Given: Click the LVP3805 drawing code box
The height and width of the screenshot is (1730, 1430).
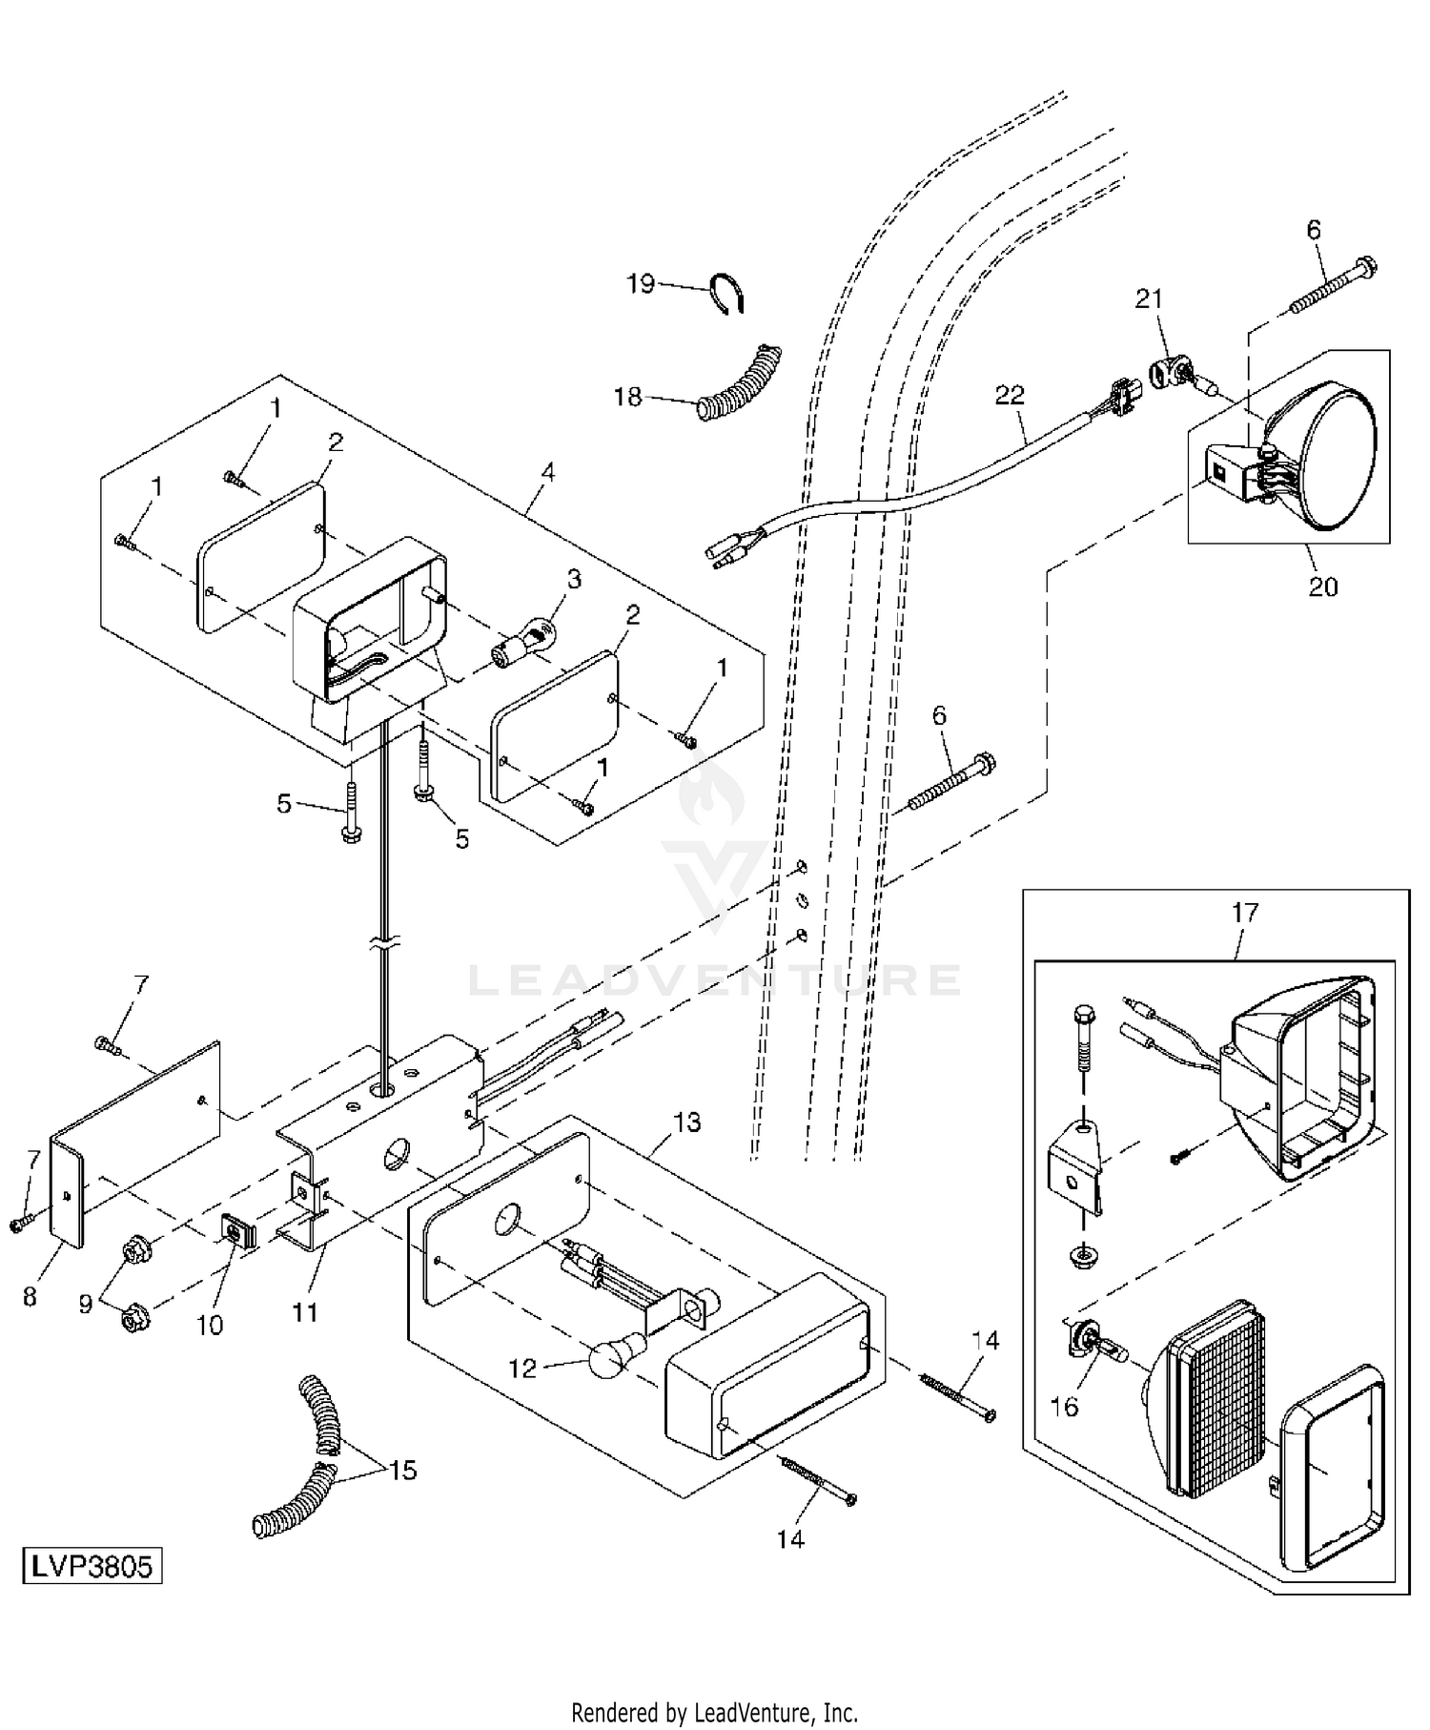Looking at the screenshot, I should click(x=92, y=1567).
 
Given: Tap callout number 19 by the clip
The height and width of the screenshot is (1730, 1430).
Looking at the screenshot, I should click(x=641, y=283).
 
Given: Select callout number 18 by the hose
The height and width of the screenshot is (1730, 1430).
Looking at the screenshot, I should click(x=627, y=397).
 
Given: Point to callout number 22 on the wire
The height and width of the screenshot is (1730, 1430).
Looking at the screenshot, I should click(x=1010, y=394).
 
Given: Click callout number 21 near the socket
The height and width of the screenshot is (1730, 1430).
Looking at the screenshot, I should click(x=1149, y=299).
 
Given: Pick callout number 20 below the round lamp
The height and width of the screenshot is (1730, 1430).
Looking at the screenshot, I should click(x=1322, y=586).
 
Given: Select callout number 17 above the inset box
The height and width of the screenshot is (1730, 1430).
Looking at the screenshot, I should click(x=1245, y=913).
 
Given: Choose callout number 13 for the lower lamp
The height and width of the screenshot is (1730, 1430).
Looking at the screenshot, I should click(x=686, y=1122).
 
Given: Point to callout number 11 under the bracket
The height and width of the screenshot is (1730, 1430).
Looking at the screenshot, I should click(x=304, y=1312).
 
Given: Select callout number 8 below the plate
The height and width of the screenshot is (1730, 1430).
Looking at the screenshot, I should click(x=30, y=1297).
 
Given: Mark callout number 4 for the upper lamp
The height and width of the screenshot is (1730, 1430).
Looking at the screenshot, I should click(x=547, y=472).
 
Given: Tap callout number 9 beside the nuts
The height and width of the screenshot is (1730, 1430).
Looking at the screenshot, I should click(x=86, y=1304).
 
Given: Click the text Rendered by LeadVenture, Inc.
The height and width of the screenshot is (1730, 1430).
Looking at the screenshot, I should click(x=714, y=1712).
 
